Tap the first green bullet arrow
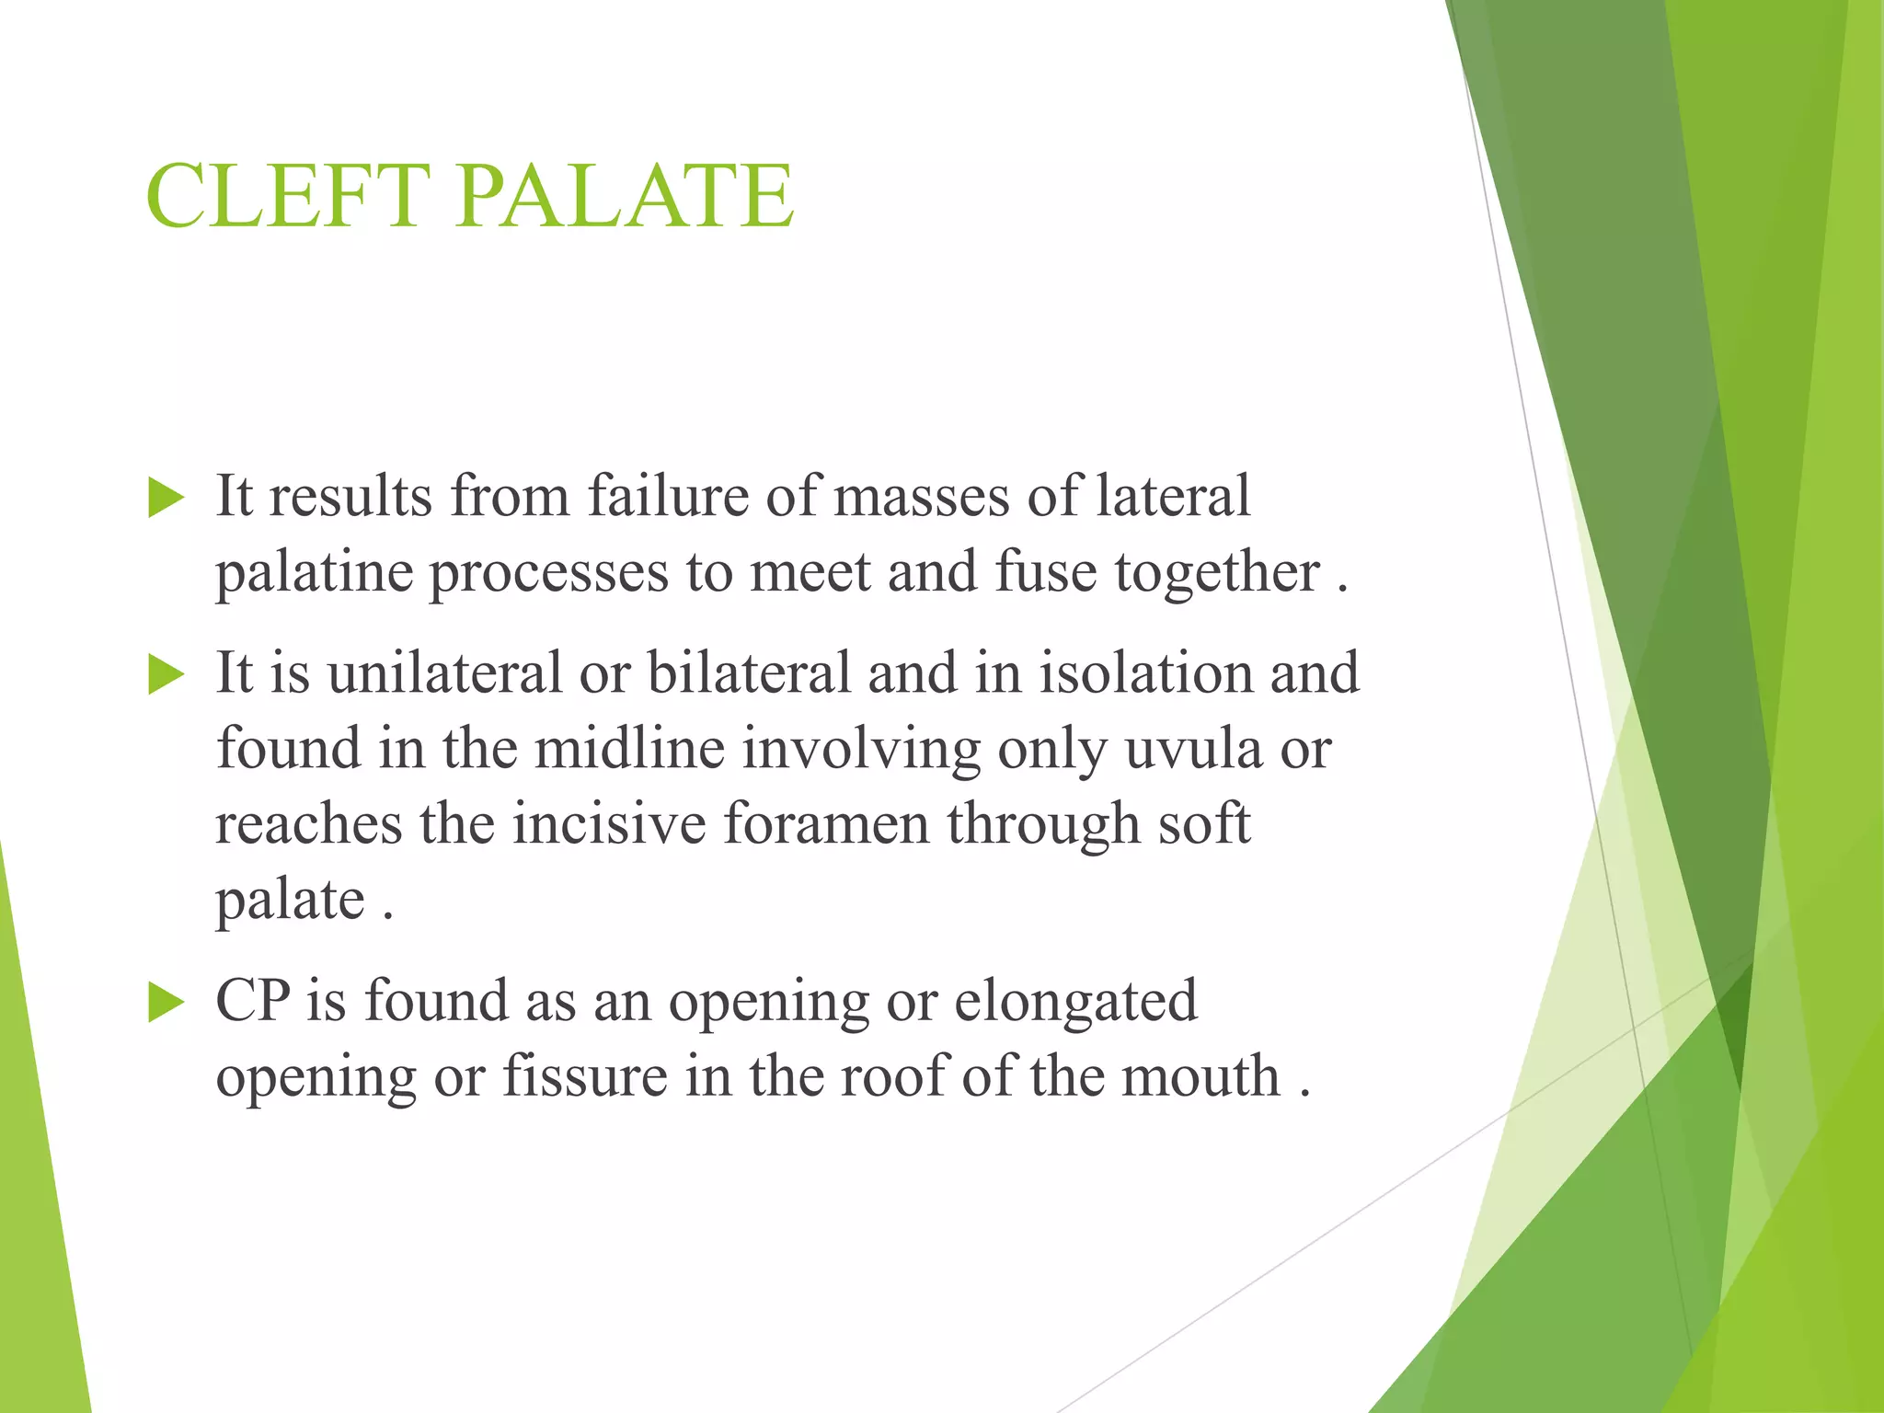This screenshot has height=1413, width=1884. tap(167, 500)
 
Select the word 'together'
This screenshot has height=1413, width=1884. tap(1217, 574)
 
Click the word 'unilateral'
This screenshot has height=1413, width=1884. tap(444, 672)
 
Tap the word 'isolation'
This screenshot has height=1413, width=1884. tap(1145, 672)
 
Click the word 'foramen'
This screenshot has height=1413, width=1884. tap(826, 823)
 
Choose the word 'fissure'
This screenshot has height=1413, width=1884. tap(584, 1076)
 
